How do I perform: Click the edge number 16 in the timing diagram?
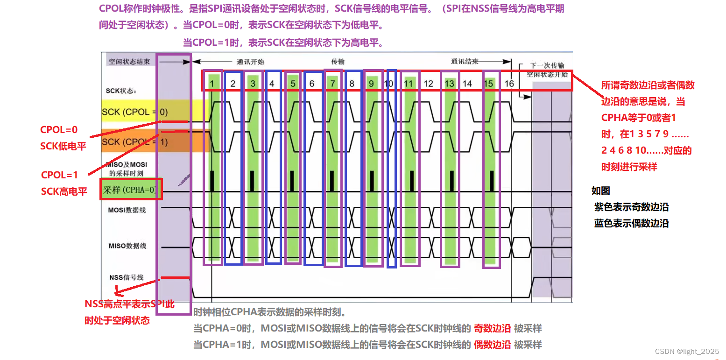509,84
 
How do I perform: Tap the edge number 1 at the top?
212,84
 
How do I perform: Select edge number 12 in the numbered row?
428,84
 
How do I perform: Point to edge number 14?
467,84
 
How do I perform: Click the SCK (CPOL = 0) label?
134,112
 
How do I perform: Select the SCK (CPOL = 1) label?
134,141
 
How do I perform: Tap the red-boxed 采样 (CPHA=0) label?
130,190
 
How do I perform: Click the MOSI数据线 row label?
127,210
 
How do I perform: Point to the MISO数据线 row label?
127,246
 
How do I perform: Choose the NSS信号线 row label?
127,277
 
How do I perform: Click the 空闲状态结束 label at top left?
129,62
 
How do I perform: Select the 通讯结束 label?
465,61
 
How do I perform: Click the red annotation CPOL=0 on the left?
59,130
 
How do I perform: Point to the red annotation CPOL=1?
60,175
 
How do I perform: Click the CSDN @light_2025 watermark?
687,351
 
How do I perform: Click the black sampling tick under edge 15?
492,181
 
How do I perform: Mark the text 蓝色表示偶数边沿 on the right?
631,223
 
